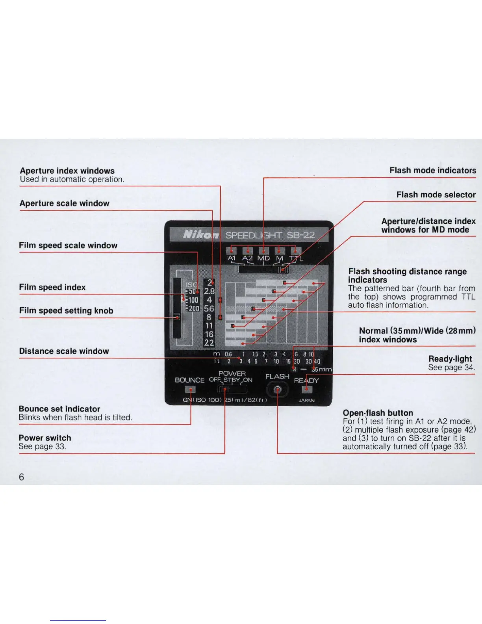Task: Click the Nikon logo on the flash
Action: click(x=201, y=235)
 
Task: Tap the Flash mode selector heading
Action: click(x=436, y=195)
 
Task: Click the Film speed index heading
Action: click(x=52, y=287)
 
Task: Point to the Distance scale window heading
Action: click(x=64, y=351)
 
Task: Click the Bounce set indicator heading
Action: click(x=59, y=409)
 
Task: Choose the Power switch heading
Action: click(x=45, y=438)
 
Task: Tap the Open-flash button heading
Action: click(x=378, y=413)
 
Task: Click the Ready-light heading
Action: click(x=450, y=358)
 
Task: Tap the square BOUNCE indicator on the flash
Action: click(x=190, y=389)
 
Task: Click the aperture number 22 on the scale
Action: click(x=209, y=343)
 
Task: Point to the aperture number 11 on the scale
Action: click(x=209, y=326)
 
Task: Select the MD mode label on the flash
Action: click(x=263, y=258)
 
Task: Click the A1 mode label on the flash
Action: click(x=232, y=258)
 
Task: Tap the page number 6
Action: click(x=21, y=477)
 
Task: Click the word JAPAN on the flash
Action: click(x=306, y=400)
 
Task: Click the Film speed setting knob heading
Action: click(x=66, y=310)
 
